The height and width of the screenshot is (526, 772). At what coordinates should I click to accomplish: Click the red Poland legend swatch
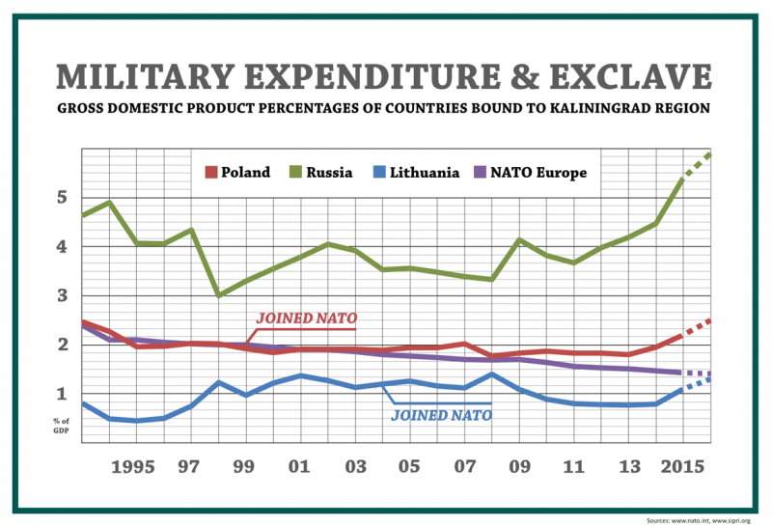click(211, 173)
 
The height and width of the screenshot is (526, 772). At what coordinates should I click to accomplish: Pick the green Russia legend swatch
click(298, 173)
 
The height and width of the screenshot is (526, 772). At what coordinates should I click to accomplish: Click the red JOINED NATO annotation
click(308, 318)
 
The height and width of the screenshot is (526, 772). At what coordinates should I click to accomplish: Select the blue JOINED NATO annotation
click(441, 416)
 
